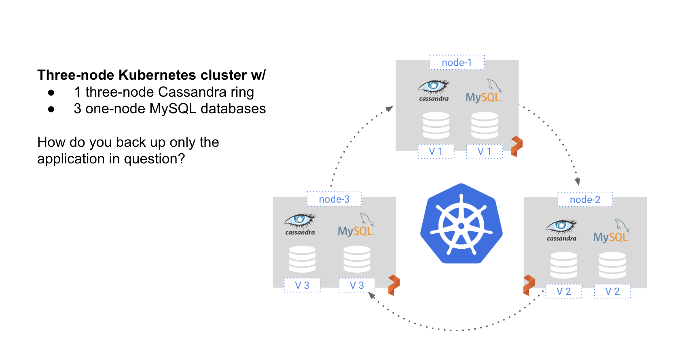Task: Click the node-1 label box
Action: pyautogui.click(x=457, y=63)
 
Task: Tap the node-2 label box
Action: pyautogui.click(x=585, y=199)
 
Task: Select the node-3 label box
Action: pyautogui.click(x=334, y=199)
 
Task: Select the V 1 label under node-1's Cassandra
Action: pyautogui.click(x=436, y=151)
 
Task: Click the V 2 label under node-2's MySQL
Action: pyautogui.click(x=612, y=291)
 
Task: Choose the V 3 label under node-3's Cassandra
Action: pyautogui.click(x=302, y=285)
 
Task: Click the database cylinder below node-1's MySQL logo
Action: pyautogui.click(x=485, y=125)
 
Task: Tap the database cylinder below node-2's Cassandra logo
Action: pyautogui.click(x=563, y=265)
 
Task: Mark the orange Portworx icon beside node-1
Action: pyautogui.click(x=517, y=146)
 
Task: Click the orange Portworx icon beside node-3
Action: pyautogui.click(x=394, y=285)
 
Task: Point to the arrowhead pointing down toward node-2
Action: pyautogui.click(x=578, y=182)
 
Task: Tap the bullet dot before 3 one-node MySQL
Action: pyautogui.click(x=51, y=109)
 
